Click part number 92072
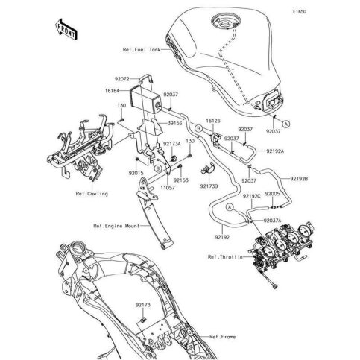121,77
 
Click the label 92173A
172,142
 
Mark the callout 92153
181,180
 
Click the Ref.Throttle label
222,257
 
